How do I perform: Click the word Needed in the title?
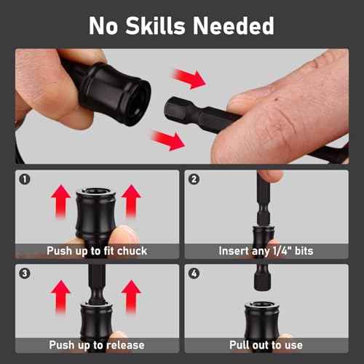pos(234,25)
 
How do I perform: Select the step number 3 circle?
pos(25,274)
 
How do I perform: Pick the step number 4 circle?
pos(194,274)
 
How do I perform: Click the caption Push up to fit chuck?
pos(98,250)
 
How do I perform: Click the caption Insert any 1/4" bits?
pos(265,250)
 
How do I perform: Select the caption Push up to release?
pos(97,344)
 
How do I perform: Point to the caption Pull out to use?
pos(265,344)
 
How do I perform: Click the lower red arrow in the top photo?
pos(167,138)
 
